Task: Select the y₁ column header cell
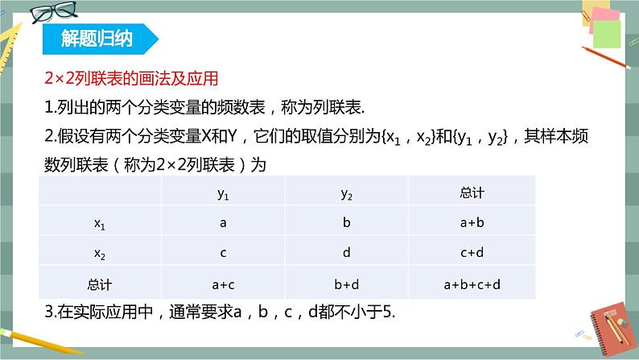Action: (223, 193)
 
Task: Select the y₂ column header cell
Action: (346, 193)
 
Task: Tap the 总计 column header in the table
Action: (472, 193)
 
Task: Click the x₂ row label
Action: (101, 254)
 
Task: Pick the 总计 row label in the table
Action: (101, 283)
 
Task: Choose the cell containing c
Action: (223, 254)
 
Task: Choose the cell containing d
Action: (346, 254)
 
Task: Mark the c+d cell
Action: (472, 254)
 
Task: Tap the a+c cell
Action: (223, 283)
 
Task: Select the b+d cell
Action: (346, 283)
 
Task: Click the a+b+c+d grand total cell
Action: (472, 283)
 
